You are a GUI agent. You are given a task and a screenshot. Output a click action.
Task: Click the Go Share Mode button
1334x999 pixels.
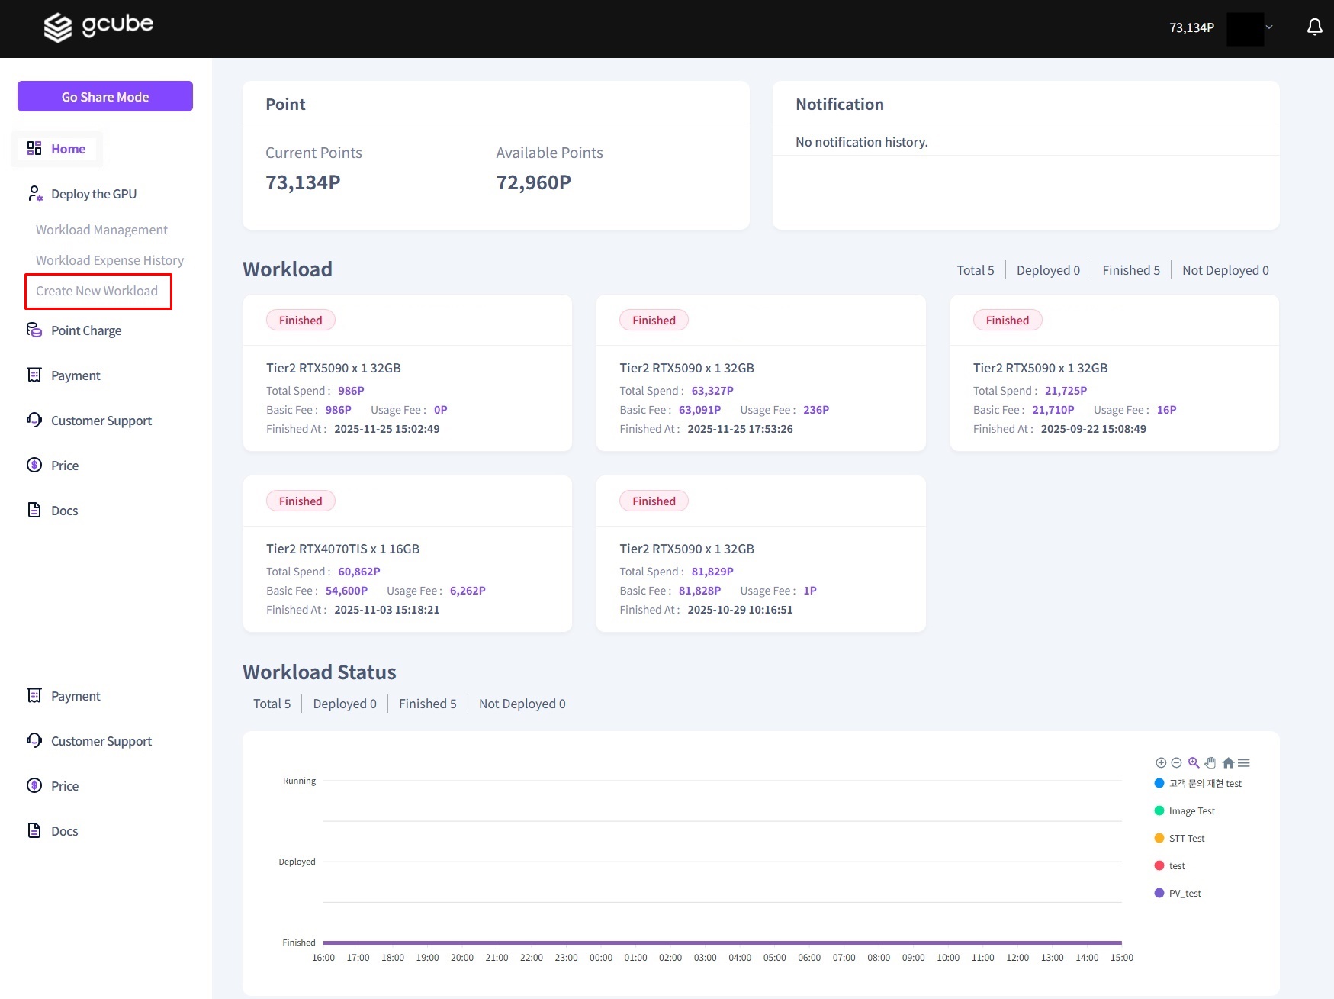coord(105,97)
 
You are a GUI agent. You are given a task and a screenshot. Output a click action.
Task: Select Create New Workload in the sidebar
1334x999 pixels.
coord(97,291)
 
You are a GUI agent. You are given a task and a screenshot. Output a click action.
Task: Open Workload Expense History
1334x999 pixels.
coord(110,260)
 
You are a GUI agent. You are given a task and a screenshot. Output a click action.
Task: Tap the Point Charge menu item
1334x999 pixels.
coord(85,330)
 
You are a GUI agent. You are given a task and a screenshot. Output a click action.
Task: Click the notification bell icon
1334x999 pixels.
coord(1314,27)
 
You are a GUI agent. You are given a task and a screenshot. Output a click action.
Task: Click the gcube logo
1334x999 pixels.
coord(98,27)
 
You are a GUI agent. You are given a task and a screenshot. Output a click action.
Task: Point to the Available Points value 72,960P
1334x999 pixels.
coord(533,182)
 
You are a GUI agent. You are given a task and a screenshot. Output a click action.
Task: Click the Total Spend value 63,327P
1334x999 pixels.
coord(712,391)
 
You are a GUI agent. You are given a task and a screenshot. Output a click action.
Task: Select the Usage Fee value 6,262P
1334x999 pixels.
coord(468,591)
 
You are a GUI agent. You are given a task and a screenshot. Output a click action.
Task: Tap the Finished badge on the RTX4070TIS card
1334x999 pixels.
coord(301,501)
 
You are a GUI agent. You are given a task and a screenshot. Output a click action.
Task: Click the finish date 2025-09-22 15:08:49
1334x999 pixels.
coord(1093,429)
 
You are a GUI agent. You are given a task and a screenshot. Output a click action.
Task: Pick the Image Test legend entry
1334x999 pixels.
coord(1191,811)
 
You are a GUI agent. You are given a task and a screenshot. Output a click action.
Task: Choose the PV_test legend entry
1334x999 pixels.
coord(1185,894)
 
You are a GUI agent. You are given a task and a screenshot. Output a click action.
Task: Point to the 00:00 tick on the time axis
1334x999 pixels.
coord(601,958)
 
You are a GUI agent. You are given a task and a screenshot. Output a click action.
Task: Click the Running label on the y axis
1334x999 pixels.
coord(299,781)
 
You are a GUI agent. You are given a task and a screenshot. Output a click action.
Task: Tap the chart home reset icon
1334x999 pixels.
coord(1228,762)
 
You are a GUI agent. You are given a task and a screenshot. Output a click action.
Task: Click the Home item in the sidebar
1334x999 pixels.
coord(68,149)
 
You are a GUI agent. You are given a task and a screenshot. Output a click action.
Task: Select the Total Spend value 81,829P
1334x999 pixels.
coord(712,572)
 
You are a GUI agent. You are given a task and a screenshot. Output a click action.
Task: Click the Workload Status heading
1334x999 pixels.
coord(320,672)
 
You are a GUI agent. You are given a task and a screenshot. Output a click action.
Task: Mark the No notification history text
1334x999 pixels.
coord(861,142)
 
